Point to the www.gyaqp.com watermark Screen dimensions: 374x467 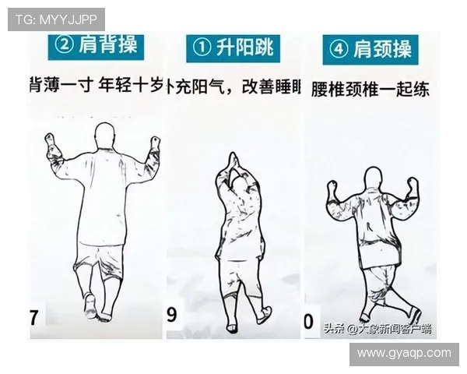click(x=403, y=353)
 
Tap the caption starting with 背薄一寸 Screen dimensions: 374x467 click(x=95, y=85)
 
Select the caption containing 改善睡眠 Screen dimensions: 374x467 click(x=234, y=87)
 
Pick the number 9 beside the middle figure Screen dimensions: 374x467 click(x=172, y=316)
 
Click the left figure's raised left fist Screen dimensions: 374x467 click(x=52, y=143)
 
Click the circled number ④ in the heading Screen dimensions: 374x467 click(x=339, y=50)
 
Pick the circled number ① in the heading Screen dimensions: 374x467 click(x=202, y=48)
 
